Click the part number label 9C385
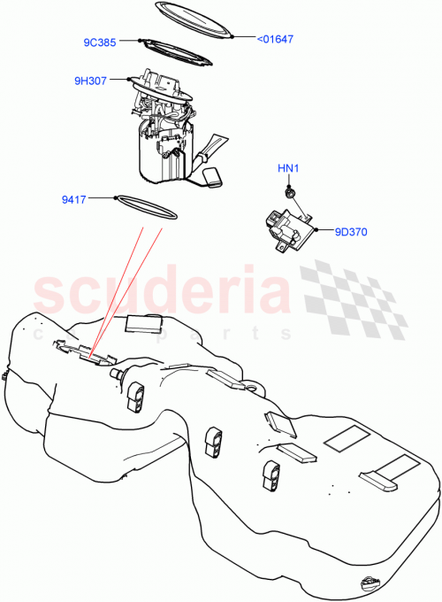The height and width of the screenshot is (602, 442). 101,41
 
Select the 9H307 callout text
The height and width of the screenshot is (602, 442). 91,81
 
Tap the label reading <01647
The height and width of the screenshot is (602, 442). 275,38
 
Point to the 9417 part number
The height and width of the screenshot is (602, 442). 98,199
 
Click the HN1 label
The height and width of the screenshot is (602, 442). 289,168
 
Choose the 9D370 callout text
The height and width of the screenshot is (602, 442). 351,233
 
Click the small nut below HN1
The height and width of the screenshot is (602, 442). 289,190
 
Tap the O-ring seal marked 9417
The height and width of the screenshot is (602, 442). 146,205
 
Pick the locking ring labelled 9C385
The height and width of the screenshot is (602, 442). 177,54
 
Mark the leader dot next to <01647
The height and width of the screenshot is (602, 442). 232,37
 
